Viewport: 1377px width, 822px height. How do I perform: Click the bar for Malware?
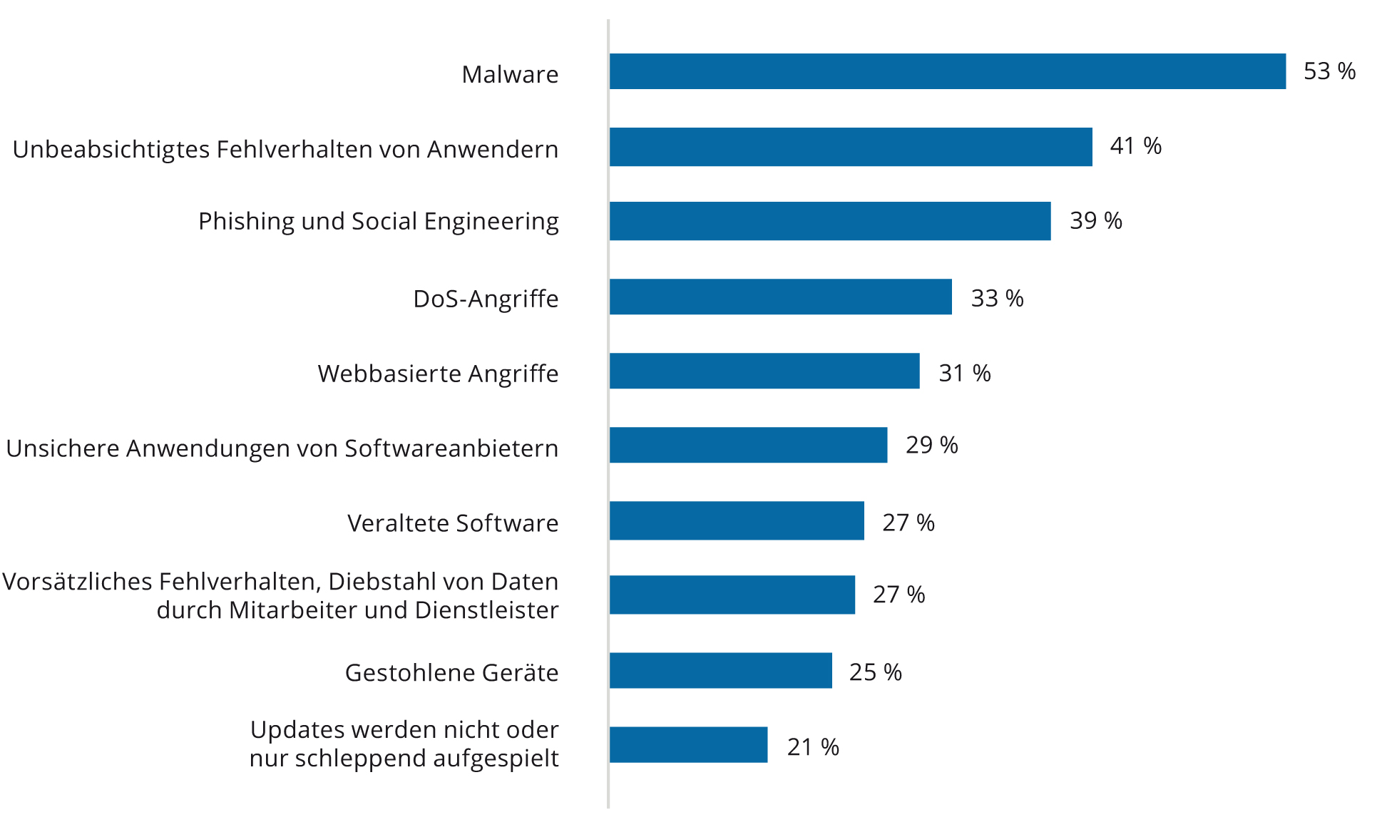point(947,71)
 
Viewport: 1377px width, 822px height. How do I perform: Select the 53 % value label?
point(1329,71)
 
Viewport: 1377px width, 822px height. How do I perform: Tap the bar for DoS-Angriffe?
point(780,297)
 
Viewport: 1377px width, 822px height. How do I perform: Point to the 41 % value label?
point(1135,146)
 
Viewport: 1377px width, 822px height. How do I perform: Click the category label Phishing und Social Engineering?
point(378,222)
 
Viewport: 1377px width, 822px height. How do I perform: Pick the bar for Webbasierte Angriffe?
point(764,371)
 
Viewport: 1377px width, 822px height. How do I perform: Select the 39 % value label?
point(1095,221)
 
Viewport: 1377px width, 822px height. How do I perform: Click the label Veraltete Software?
point(453,523)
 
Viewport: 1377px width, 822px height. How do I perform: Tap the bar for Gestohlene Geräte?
point(720,670)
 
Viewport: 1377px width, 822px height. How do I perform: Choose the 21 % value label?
point(813,747)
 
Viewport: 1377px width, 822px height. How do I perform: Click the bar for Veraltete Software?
point(737,520)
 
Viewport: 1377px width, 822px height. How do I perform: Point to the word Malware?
point(510,75)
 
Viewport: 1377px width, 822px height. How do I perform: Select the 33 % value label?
point(997,298)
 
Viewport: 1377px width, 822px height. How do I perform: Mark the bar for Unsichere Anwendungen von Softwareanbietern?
point(748,445)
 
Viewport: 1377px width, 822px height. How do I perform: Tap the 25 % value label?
point(875,672)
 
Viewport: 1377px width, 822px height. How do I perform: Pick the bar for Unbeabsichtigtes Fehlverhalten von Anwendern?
point(851,147)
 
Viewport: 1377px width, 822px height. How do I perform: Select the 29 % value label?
point(931,445)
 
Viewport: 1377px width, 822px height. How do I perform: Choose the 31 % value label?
point(964,373)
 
